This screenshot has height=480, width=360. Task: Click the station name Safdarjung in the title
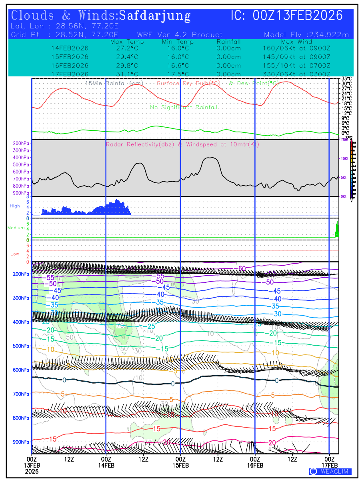point(155,16)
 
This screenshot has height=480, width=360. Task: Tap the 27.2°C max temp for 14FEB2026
point(124,48)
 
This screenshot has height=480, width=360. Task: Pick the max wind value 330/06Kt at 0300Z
point(296,74)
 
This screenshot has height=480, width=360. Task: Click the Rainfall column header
point(228,42)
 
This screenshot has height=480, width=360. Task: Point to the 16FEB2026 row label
point(70,65)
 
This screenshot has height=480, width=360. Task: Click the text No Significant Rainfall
point(184,107)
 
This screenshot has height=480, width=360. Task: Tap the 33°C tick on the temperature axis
point(346,79)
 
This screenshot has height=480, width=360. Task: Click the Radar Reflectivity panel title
point(182,144)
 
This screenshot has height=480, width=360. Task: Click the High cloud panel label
point(15,206)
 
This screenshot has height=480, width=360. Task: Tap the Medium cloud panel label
point(16,228)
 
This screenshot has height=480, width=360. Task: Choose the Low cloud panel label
point(15,254)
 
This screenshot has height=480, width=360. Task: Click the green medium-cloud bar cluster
point(337,230)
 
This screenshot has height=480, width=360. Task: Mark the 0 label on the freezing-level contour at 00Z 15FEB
point(173,384)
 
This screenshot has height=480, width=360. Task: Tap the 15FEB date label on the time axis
point(180,465)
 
